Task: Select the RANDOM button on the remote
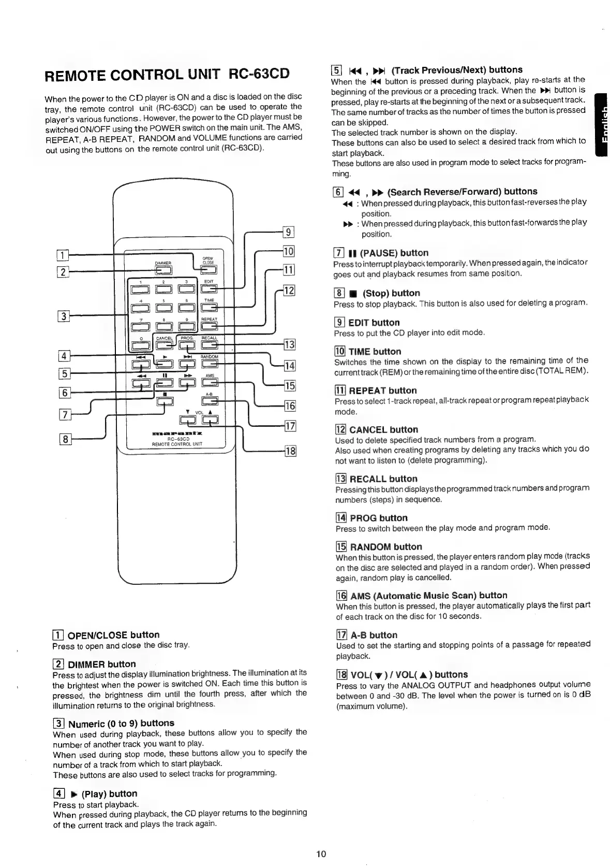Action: tap(210, 364)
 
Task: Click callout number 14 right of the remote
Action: tap(290, 366)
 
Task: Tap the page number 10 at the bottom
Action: tap(321, 854)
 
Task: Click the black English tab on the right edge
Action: tap(602, 124)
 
